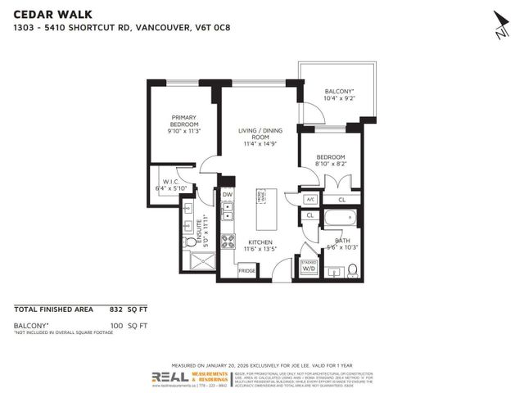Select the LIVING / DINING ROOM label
click(x=259, y=137)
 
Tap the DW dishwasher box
click(x=228, y=195)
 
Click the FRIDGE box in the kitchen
click(x=246, y=270)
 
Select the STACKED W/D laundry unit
click(x=309, y=264)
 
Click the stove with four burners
click(x=229, y=241)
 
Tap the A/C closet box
click(x=310, y=199)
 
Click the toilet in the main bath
click(x=352, y=269)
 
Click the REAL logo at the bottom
click(x=168, y=377)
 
